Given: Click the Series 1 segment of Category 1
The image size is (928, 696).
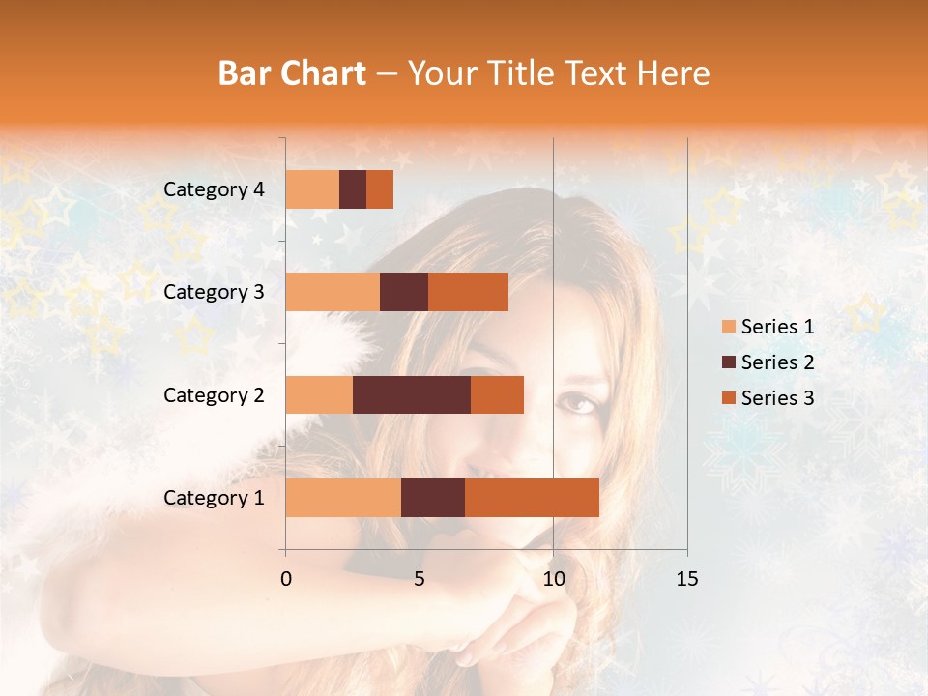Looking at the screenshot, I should click(343, 498).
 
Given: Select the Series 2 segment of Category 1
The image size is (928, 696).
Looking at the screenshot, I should click(433, 498).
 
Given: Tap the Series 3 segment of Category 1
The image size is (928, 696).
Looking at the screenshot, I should click(532, 498).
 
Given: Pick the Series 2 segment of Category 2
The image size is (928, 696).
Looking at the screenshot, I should click(412, 394).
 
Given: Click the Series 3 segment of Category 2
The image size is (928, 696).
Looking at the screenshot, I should click(497, 394).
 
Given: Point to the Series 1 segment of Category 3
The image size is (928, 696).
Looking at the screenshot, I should click(333, 292).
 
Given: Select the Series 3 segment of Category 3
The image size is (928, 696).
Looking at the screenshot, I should click(468, 292).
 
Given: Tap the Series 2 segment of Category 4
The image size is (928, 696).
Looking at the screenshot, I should click(353, 189).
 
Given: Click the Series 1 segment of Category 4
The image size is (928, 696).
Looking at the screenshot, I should click(312, 189).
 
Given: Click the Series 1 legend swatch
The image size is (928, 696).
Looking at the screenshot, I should click(728, 327).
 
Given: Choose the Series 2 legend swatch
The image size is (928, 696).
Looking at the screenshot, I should click(728, 362).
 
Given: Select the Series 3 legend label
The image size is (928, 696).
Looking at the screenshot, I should click(777, 398).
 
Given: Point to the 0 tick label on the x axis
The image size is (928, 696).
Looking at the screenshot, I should click(286, 579).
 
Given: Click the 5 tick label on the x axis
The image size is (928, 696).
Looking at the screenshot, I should click(420, 579).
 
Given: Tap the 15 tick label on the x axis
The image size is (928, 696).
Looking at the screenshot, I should click(686, 579).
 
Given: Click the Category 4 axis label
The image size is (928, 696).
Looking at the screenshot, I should click(214, 189).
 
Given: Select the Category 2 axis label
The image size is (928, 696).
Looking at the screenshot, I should click(214, 394).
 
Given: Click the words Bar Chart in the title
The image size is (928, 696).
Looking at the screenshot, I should click(292, 73).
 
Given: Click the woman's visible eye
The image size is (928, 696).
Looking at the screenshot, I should click(578, 401).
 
